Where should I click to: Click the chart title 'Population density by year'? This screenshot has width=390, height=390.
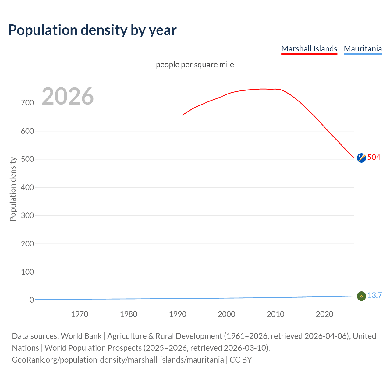click(x=92, y=30)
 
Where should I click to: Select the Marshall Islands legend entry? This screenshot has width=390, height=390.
click(x=309, y=49)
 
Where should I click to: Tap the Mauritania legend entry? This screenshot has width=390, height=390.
click(x=363, y=49)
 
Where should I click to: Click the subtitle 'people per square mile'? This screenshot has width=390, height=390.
click(x=195, y=65)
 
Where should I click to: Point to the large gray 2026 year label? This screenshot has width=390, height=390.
click(x=68, y=96)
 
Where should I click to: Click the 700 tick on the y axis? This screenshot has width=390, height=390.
click(x=27, y=103)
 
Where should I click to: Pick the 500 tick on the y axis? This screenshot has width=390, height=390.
click(x=27, y=159)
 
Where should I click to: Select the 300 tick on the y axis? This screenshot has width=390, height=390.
click(x=27, y=216)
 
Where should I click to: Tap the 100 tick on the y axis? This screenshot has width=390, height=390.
click(x=27, y=272)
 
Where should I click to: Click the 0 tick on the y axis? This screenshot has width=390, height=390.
click(x=32, y=300)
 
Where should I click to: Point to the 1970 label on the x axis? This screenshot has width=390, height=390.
click(x=80, y=314)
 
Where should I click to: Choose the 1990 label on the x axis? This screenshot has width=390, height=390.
click(x=178, y=314)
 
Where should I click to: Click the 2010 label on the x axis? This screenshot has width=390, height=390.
click(x=275, y=314)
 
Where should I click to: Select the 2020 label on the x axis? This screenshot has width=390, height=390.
click(x=324, y=314)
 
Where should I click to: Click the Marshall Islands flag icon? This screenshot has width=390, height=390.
click(x=361, y=158)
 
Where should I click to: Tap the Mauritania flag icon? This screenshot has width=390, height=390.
click(x=361, y=296)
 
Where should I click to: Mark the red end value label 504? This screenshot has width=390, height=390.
click(x=374, y=157)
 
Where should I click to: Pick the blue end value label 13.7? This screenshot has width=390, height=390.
click(x=374, y=295)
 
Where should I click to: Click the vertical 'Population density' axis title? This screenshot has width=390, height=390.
click(x=13, y=189)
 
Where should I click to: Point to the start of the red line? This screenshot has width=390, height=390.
click(x=183, y=115)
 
